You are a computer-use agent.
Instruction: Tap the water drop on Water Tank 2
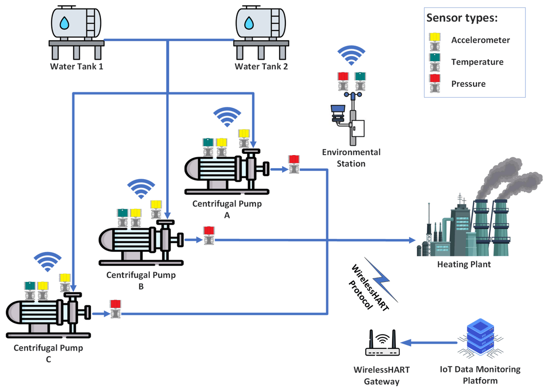[x=248, y=22]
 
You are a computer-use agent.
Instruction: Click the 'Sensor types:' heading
[x=462, y=19]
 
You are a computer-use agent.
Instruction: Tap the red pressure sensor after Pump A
[x=293, y=164]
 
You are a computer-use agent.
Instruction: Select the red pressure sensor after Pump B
[x=208, y=236]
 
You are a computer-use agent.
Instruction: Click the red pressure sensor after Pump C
[x=115, y=309]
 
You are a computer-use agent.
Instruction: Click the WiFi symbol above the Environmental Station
[x=351, y=55]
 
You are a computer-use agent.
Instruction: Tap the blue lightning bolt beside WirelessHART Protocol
[x=381, y=280]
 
